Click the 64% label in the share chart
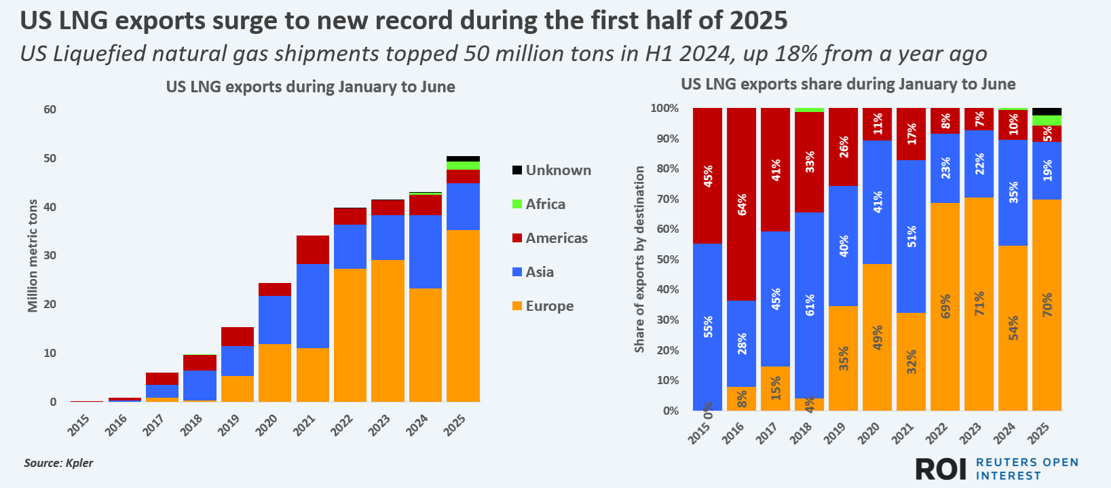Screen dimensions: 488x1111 [x=742, y=204]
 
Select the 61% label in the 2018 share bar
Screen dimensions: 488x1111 [x=810, y=305]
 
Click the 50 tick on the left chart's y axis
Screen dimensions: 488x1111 [x=50, y=158]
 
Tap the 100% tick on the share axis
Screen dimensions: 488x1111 [x=664, y=109]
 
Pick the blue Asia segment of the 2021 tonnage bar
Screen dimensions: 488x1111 [x=313, y=306]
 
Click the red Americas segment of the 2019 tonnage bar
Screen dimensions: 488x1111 [x=238, y=337]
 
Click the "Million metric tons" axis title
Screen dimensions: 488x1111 [x=33, y=256]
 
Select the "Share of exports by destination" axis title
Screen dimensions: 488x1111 [x=639, y=259]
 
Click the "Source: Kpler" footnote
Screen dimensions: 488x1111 [x=58, y=463]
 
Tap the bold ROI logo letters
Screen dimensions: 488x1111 [x=941, y=468]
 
